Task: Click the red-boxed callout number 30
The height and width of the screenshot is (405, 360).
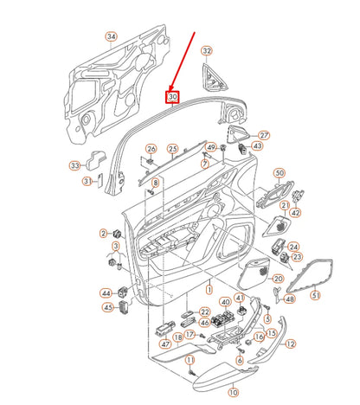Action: (x=173, y=97)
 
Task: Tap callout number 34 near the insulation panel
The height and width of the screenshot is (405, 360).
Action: (x=110, y=36)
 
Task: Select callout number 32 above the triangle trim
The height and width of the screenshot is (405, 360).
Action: (x=206, y=52)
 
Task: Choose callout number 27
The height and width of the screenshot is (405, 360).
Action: (x=264, y=135)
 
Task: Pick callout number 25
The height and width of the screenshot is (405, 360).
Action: (x=172, y=150)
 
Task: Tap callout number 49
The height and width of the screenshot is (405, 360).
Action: (x=212, y=148)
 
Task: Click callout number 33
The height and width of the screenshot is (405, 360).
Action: (x=75, y=165)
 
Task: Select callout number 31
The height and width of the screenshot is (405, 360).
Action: (x=87, y=181)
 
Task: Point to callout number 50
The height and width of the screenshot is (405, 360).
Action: (x=279, y=174)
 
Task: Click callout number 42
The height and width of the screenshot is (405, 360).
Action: (x=296, y=212)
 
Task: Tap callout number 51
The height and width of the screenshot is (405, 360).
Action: (x=315, y=296)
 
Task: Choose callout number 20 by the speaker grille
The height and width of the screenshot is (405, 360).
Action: (x=277, y=279)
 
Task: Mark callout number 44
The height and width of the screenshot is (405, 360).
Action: (x=106, y=292)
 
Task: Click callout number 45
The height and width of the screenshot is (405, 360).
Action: (x=108, y=307)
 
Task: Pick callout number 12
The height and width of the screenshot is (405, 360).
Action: (x=290, y=344)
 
